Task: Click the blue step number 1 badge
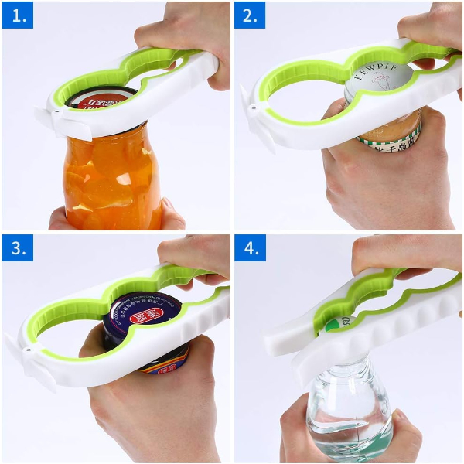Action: point(17,15)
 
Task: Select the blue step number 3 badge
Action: point(17,250)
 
